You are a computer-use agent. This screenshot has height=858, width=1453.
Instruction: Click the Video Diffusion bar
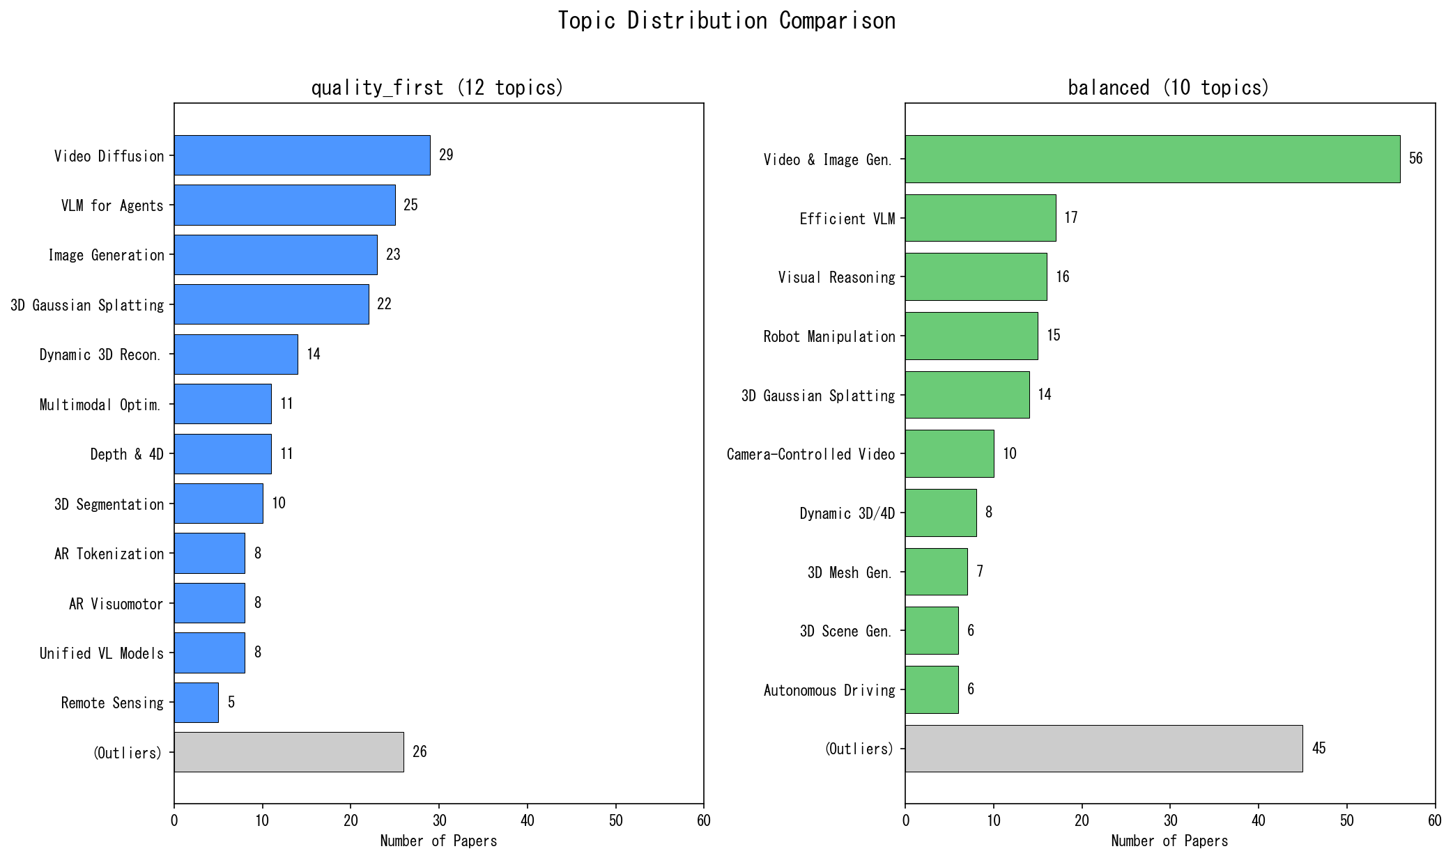point(302,155)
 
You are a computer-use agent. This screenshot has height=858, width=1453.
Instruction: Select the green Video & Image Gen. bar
point(1152,159)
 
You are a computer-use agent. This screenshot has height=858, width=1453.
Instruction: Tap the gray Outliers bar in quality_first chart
point(289,752)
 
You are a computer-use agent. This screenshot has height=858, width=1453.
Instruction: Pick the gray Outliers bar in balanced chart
point(1103,749)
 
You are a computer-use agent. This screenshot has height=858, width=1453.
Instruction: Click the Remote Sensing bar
point(196,702)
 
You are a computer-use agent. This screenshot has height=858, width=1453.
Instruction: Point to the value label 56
point(1415,159)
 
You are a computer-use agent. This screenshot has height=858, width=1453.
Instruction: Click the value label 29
point(446,155)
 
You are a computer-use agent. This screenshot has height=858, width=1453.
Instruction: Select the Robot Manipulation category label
point(829,337)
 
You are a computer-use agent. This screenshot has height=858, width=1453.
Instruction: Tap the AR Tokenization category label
point(109,554)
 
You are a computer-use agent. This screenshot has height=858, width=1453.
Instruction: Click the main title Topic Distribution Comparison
point(726,21)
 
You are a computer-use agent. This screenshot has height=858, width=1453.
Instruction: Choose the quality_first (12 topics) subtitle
point(437,88)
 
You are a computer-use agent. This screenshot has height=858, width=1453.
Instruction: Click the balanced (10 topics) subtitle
point(1168,88)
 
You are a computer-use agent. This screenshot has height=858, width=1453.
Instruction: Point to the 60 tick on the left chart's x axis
point(703,821)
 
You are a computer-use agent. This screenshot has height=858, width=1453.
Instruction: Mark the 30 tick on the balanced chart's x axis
point(1170,821)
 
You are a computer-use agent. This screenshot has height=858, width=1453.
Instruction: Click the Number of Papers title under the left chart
point(438,841)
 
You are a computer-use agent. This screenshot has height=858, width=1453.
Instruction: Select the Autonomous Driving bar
point(931,689)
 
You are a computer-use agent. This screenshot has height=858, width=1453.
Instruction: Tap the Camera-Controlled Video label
point(810,455)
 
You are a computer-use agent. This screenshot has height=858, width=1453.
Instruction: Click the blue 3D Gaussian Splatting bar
point(271,304)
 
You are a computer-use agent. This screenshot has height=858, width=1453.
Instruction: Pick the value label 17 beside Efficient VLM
point(1070,218)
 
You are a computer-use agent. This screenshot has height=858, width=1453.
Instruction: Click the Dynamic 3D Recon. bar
point(236,354)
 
